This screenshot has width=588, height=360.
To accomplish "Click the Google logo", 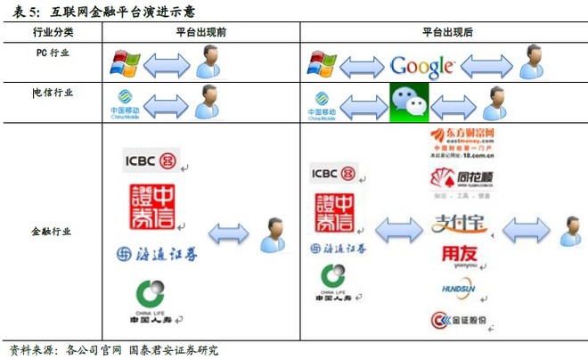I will pos(423,65).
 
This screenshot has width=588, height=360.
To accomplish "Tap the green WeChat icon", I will pos(409,103).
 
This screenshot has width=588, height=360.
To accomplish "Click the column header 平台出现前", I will pos(200,32).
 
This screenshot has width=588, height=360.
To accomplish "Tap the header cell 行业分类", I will pos(53,32).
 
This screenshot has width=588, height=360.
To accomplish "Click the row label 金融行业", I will pos(53,232).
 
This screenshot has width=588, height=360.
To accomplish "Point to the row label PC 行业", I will pos(53,53).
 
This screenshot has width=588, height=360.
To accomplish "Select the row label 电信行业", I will pos(53,92).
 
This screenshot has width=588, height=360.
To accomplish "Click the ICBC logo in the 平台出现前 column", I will pos(151,161).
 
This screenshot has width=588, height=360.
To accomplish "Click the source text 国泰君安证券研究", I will pos(174,350).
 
